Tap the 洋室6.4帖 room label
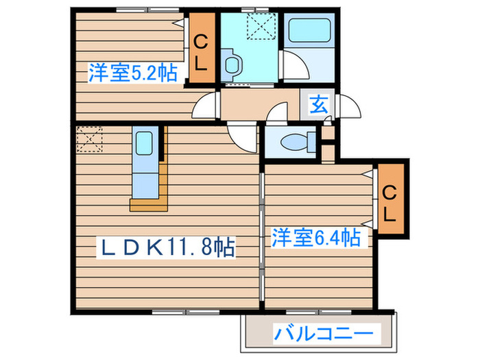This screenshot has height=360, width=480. [315, 238]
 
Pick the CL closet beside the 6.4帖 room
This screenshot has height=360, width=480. [389, 202]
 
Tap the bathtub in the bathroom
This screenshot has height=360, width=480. [308, 31]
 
